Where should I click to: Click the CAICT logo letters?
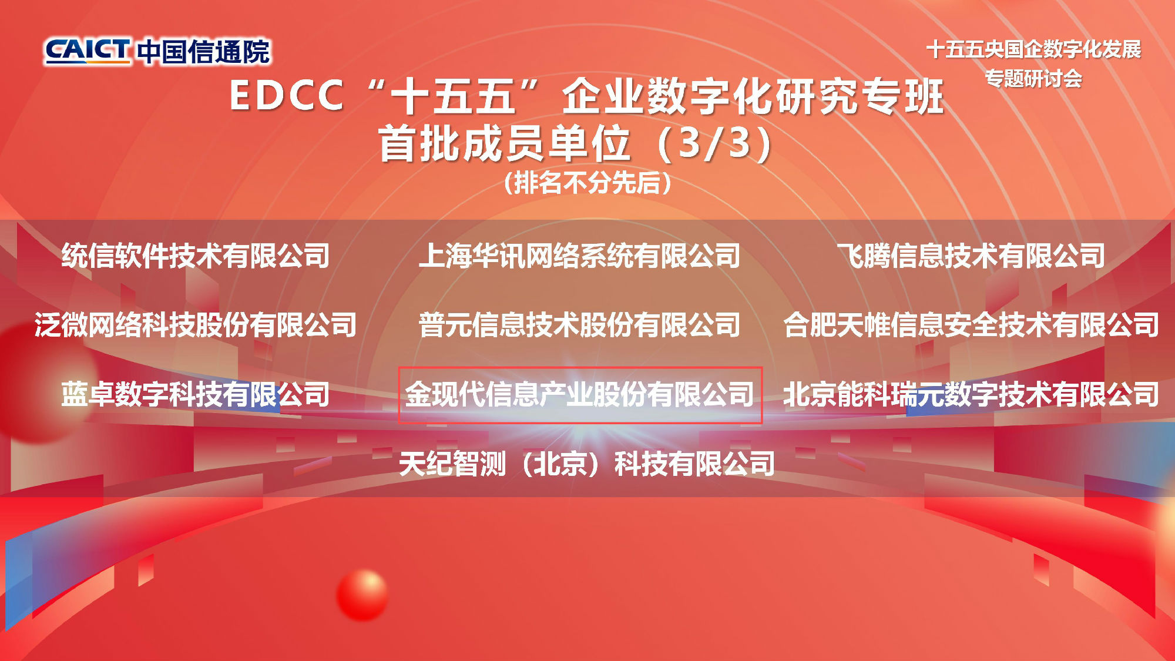pyautogui.click(x=88, y=51)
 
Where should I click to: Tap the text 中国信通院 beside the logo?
pyautogui.click(x=204, y=52)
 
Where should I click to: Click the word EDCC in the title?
pyautogui.click(x=286, y=95)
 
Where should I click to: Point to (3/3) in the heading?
pyautogui.click(x=715, y=144)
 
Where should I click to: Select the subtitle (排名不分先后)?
pyautogui.click(x=587, y=183)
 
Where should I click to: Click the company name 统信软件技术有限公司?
pyautogui.click(x=196, y=256)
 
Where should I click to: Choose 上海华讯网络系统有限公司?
pyautogui.click(x=579, y=256)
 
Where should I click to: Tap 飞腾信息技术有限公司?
pyautogui.click(x=971, y=256)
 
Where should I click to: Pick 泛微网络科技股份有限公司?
pyautogui.click(x=196, y=325)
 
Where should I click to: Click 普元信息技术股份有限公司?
pyautogui.click(x=579, y=325)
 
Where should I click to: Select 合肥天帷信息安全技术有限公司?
pyautogui.click(x=971, y=325)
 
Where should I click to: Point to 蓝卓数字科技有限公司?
pyautogui.click(x=196, y=394)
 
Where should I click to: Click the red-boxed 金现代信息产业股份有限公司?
pyautogui.click(x=579, y=394)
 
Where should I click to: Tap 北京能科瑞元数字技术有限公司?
pyautogui.click(x=971, y=394)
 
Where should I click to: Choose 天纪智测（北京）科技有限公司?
pyautogui.click(x=587, y=464)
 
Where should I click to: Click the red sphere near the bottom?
pyautogui.click(x=362, y=595)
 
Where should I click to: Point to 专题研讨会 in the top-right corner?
pyautogui.click(x=1033, y=78)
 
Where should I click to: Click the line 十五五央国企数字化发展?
pyautogui.click(x=1033, y=49)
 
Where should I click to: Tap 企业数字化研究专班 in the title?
pyautogui.click(x=753, y=96)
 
